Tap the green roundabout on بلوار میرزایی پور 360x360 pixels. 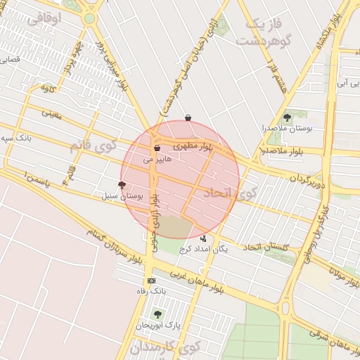89,18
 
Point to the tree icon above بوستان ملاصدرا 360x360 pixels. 286,117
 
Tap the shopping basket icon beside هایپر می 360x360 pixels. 156,148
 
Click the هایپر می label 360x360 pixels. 157,160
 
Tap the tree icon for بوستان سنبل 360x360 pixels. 122,185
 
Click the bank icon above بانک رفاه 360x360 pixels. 151,281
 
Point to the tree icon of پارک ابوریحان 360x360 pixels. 157,314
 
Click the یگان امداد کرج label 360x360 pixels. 204,249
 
